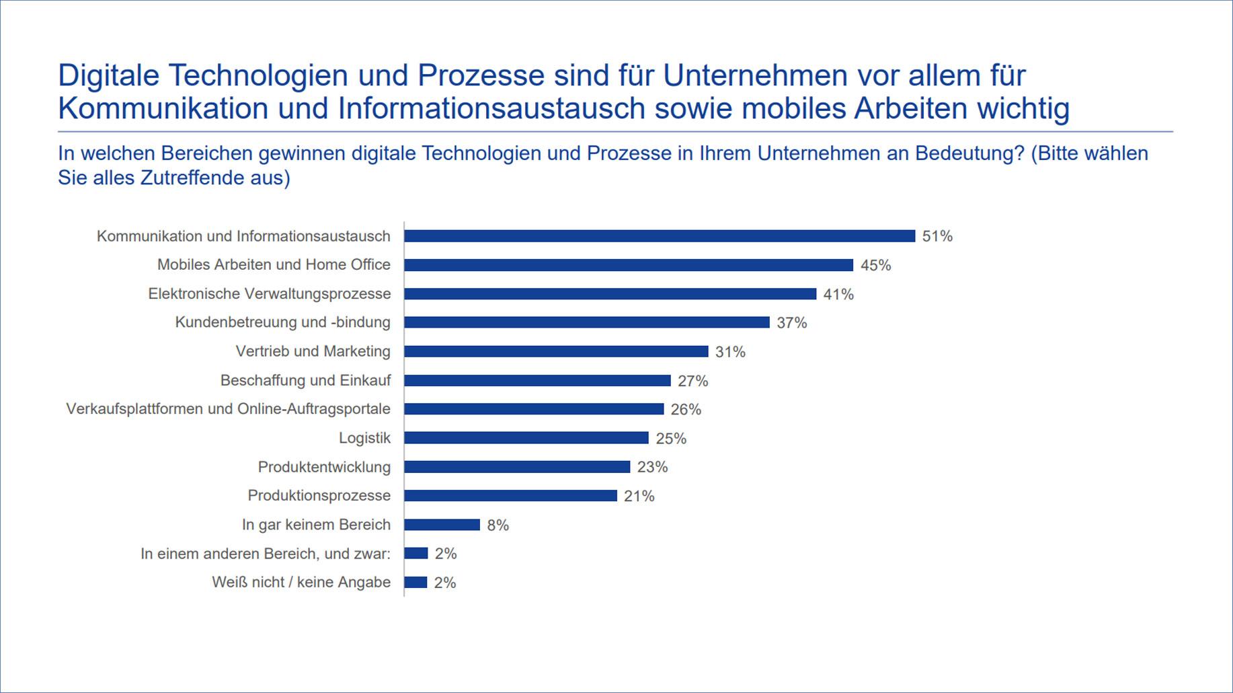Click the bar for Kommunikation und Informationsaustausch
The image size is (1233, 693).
click(659, 236)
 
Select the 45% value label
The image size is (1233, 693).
click(875, 266)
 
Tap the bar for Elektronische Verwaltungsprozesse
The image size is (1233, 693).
click(610, 294)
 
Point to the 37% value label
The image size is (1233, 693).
click(791, 323)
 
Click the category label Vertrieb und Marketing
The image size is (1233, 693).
click(313, 351)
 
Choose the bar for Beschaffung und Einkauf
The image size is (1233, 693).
click(537, 381)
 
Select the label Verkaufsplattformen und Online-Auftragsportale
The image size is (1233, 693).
click(228, 409)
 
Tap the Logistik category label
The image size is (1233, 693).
click(364, 438)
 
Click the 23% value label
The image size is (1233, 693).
click(652, 467)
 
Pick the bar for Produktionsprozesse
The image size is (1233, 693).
click(510, 496)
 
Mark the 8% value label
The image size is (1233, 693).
click(498, 525)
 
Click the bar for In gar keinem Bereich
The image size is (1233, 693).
click(442, 525)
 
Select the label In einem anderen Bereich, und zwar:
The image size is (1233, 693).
click(265, 554)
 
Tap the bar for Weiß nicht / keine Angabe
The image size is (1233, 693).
click(415, 583)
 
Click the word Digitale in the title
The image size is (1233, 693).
click(108, 75)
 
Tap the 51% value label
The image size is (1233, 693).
click(937, 236)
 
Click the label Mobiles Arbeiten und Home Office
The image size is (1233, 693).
click(274, 264)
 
